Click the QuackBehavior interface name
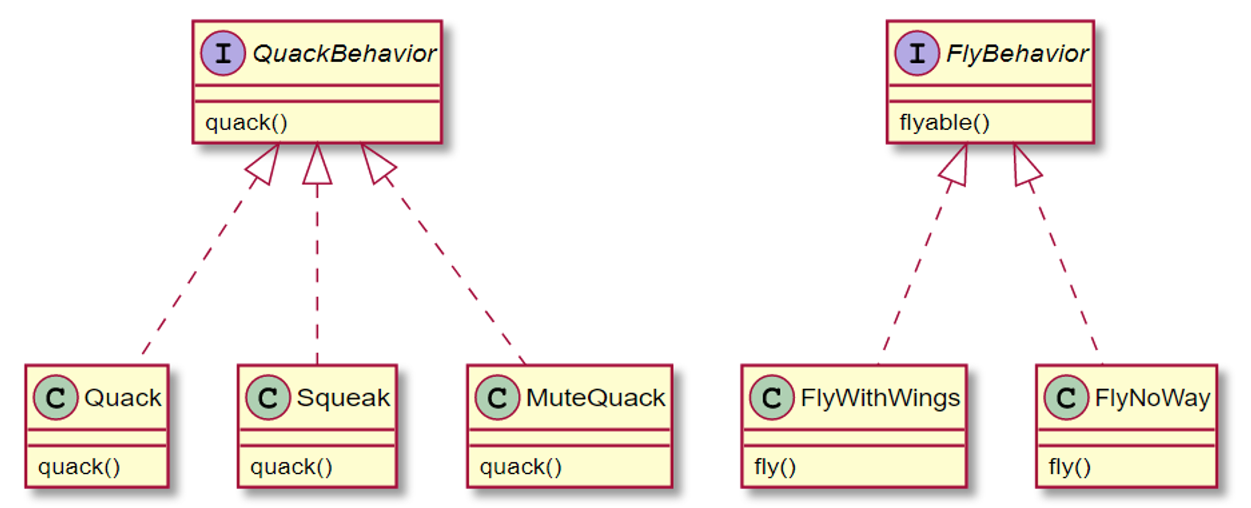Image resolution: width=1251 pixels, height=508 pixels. pyautogui.click(x=344, y=54)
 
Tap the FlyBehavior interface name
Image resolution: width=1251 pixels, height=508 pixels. pyautogui.click(x=1017, y=54)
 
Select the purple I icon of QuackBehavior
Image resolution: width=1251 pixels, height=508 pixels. pyautogui.click(x=223, y=54)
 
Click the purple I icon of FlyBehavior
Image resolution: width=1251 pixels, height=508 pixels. pyautogui.click(x=917, y=54)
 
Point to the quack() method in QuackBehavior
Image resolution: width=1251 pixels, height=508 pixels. pyautogui.click(x=247, y=123)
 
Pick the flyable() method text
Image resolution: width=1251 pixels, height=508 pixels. pyautogui.click(x=944, y=123)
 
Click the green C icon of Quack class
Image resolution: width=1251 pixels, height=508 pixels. pyautogui.click(x=56, y=398)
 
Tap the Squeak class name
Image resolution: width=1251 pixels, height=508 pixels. pyautogui.click(x=343, y=398)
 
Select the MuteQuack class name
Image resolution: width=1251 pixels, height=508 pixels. pyautogui.click(x=596, y=398)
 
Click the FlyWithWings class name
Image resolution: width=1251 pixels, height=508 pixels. pyautogui.click(x=880, y=398)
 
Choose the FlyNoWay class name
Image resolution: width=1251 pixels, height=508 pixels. pyautogui.click(x=1152, y=398)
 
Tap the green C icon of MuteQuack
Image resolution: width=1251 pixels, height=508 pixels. pyautogui.click(x=497, y=398)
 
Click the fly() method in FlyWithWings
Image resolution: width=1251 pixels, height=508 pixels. pyautogui.click(x=775, y=467)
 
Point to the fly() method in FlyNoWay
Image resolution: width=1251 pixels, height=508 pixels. pyautogui.click(x=1070, y=467)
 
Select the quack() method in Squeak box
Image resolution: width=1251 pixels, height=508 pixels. pyautogui.click(x=292, y=467)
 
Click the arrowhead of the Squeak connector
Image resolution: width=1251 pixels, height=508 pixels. pyautogui.click(x=317, y=166)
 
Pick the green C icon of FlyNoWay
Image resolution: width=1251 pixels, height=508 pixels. pyautogui.click(x=1066, y=398)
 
